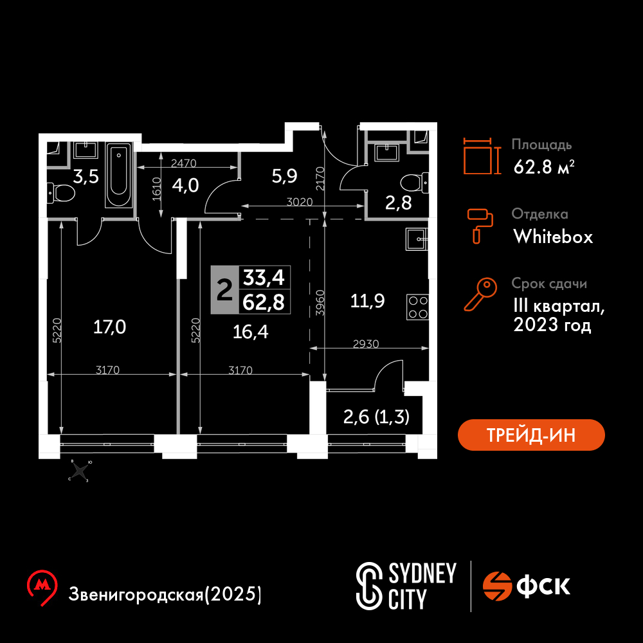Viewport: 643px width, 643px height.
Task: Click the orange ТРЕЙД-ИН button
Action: (x=531, y=435)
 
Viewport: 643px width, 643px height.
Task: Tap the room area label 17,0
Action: (x=109, y=327)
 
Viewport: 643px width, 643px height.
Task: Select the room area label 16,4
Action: (x=250, y=332)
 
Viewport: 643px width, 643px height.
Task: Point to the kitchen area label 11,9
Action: (x=367, y=301)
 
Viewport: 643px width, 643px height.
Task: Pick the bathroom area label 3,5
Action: (x=86, y=177)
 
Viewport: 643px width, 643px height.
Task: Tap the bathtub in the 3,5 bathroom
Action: (x=118, y=175)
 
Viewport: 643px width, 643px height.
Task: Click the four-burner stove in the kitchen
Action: (x=417, y=307)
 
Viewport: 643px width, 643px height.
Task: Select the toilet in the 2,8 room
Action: (x=415, y=183)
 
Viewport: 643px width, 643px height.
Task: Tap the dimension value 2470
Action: (x=184, y=163)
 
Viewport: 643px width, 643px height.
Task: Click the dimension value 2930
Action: (x=366, y=343)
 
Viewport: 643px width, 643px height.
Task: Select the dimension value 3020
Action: (x=300, y=202)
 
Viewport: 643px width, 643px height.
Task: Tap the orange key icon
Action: (x=480, y=294)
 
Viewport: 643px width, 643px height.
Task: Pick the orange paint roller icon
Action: (x=480, y=226)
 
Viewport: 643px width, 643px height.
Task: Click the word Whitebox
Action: (x=553, y=237)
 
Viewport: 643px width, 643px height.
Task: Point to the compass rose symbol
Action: (x=80, y=471)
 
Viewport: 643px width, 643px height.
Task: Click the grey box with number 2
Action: (x=224, y=290)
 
